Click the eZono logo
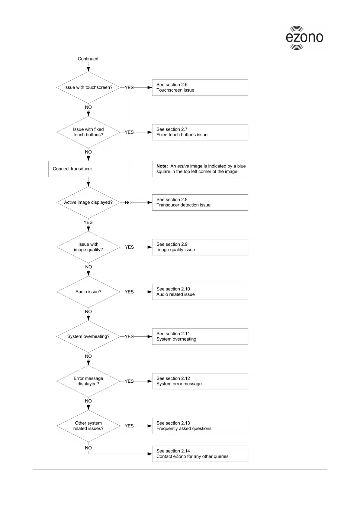304,37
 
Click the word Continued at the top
88,59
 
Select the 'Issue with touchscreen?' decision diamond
88,87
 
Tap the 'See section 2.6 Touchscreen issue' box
200,87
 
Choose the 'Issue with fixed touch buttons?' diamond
88,132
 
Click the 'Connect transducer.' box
88,169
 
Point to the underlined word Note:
162,166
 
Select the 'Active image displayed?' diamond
88,202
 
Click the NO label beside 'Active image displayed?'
128,203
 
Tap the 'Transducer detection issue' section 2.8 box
200,202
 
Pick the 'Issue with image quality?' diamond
88,247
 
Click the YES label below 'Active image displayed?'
88,222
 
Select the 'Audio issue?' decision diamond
88,292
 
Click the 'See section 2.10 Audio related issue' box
200,292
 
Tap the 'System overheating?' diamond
88,336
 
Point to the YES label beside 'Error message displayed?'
129,381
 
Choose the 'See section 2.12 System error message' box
200,381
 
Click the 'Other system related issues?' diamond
88,426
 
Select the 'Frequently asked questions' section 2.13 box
200,426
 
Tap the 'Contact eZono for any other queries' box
200,454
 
